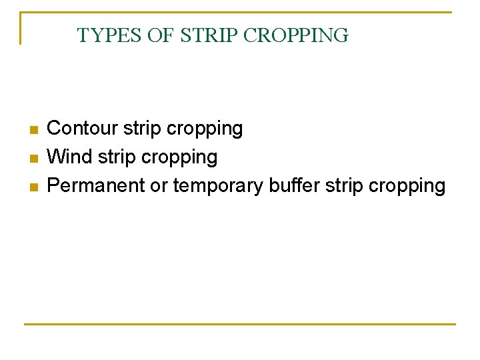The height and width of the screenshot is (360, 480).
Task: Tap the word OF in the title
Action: (x=160, y=35)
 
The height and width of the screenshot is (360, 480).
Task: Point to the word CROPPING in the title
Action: (x=296, y=35)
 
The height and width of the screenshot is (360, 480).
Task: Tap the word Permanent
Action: (x=96, y=185)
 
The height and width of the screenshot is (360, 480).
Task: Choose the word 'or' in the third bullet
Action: (x=159, y=185)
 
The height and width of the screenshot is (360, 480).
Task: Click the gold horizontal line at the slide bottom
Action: (x=240, y=324)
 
